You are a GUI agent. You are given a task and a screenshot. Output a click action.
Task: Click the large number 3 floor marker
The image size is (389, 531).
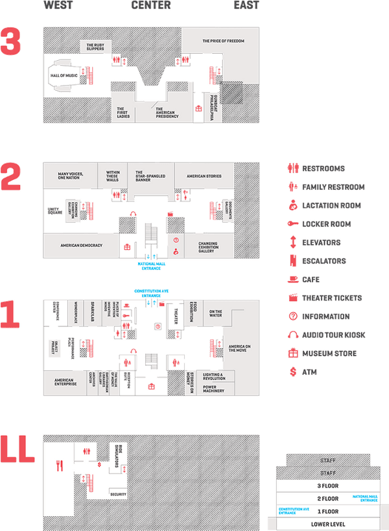(x=11, y=42)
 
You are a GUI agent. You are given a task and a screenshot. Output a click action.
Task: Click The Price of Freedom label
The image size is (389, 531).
(x=223, y=41)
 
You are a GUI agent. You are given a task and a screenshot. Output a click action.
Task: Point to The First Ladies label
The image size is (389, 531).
(x=123, y=113)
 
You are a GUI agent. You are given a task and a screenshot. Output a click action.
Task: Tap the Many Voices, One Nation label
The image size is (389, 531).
(x=72, y=176)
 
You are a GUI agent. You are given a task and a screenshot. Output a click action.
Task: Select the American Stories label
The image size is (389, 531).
(x=204, y=176)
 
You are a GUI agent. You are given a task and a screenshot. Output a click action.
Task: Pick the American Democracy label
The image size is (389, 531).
(x=81, y=245)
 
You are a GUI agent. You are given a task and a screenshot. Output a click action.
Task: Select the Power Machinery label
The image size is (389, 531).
(x=213, y=390)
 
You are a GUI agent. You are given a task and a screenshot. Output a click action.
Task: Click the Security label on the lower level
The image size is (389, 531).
(x=118, y=494)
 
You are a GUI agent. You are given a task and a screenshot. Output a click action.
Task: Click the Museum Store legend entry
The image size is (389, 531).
(x=329, y=354)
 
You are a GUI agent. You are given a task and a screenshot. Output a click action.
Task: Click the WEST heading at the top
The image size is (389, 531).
(x=58, y=5)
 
